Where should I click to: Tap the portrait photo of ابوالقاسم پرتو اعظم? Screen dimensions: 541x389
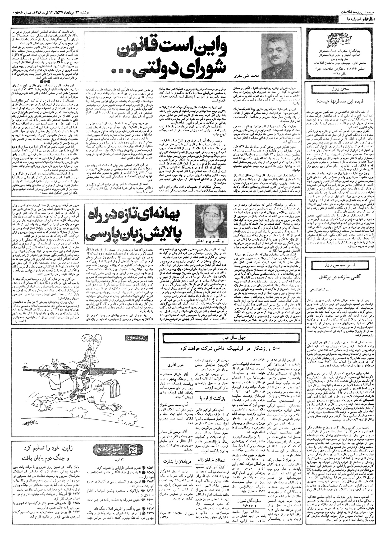[209, 222]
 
